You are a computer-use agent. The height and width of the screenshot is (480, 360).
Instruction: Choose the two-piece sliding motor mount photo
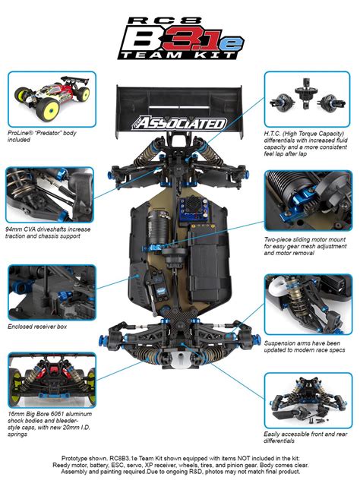[308, 199]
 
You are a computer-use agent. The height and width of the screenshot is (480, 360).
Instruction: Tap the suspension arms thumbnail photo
[308, 303]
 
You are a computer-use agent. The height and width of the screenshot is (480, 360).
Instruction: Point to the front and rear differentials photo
[308, 399]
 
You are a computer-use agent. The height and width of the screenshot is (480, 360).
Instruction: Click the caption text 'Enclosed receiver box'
[38, 327]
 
